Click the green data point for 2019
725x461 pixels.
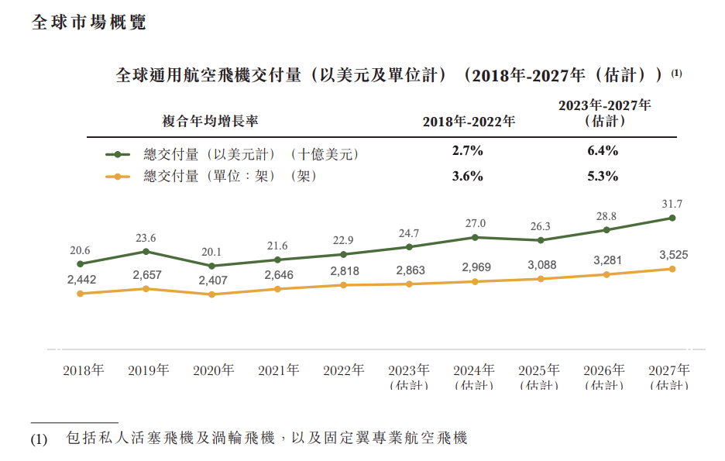(x=146, y=252)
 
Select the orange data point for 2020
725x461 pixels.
(x=211, y=294)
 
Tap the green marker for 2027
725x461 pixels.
(x=672, y=218)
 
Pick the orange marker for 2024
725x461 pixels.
(x=474, y=281)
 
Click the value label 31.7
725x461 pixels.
(x=672, y=205)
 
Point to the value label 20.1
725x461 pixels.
(x=211, y=252)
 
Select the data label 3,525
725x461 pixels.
(x=672, y=254)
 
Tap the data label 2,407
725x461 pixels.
(x=211, y=280)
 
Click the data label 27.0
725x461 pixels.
(x=474, y=223)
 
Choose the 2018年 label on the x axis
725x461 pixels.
(x=83, y=370)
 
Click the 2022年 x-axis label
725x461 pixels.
(x=343, y=370)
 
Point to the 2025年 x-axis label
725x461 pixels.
(x=539, y=370)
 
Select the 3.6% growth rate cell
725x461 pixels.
(x=467, y=176)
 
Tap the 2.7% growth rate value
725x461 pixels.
(x=467, y=151)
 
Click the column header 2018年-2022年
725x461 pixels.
(x=468, y=122)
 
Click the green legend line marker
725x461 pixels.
(x=118, y=154)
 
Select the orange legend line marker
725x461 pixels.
(x=118, y=177)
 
